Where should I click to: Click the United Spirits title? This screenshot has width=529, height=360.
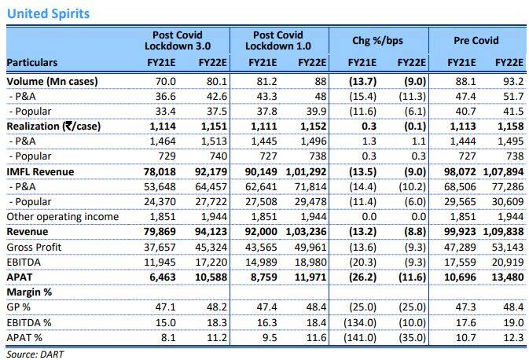tap(47, 13)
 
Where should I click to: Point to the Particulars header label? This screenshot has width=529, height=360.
tap(34, 63)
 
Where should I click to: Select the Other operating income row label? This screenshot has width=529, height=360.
tap(62, 216)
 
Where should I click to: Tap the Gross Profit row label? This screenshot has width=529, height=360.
tap(35, 246)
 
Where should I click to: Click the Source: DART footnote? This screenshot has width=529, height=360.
tap(34, 354)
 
